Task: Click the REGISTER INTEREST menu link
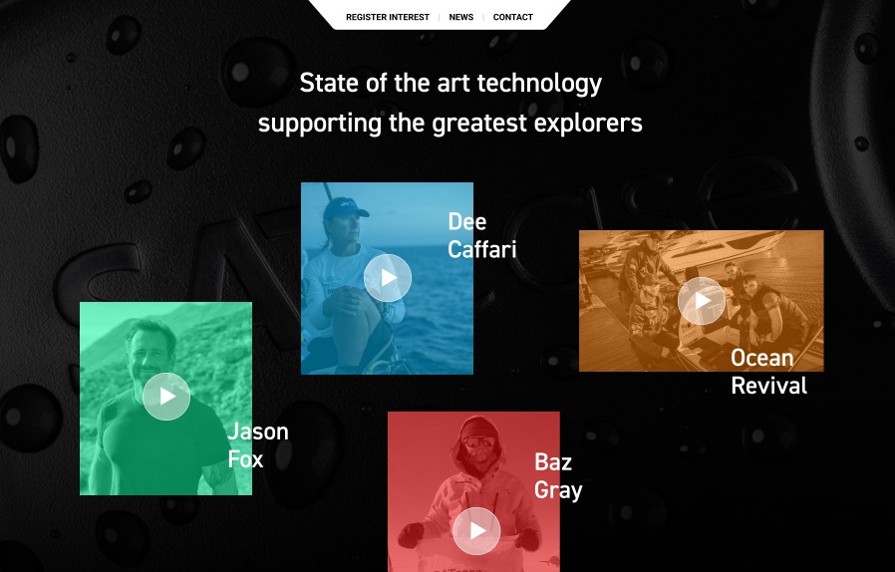coord(388,17)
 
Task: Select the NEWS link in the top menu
coord(461,17)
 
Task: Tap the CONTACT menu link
coord(513,17)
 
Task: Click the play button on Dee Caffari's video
coord(388,278)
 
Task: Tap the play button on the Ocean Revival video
coord(702,301)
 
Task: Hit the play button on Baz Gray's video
coord(476,531)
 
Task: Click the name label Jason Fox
coord(258,445)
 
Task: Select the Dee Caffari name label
coord(482,235)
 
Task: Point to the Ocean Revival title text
coord(768,372)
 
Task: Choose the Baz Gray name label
coord(558,476)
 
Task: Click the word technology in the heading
coord(539,84)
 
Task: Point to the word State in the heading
coord(330,83)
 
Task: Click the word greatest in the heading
coord(479,124)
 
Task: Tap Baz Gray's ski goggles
coord(478,441)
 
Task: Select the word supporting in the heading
coord(320,124)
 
